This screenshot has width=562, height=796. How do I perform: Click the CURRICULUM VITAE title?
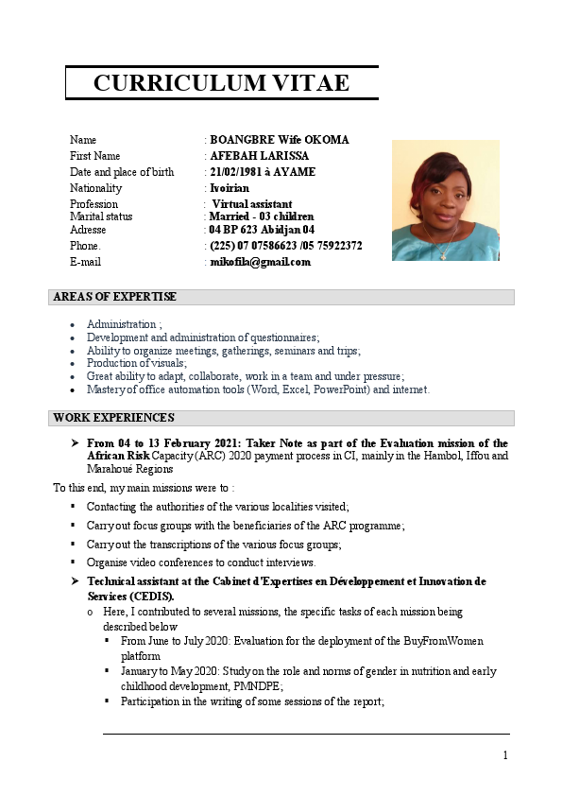(221, 83)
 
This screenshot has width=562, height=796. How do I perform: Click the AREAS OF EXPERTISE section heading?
(114, 297)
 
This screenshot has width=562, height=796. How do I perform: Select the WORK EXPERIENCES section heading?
(113, 418)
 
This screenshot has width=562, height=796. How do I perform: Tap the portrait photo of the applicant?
(445, 200)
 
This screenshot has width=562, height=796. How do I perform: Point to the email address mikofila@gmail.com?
(260, 262)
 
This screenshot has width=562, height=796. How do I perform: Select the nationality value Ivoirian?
(230, 188)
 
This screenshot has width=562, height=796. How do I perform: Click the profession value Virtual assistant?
(251, 204)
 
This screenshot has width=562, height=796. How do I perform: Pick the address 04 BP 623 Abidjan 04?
(262, 230)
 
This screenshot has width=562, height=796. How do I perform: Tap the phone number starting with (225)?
(285, 246)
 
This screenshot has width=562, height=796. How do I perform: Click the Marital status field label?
(101, 216)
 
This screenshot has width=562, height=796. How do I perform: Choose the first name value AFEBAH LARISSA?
(259, 156)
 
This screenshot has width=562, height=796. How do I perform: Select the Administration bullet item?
(124, 324)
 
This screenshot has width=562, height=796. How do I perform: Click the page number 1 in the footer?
(505, 754)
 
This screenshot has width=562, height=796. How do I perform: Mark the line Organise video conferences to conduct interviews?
(201, 562)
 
